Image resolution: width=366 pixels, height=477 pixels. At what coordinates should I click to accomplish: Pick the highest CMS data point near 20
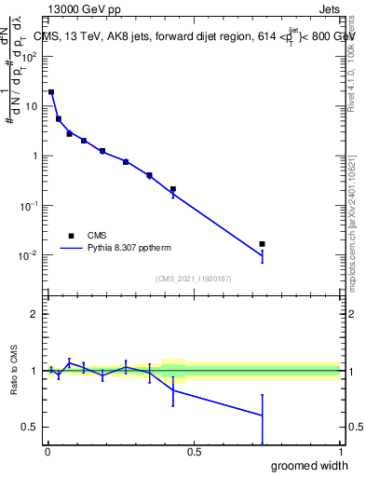51,92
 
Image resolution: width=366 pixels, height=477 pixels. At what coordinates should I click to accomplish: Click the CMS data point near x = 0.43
173,189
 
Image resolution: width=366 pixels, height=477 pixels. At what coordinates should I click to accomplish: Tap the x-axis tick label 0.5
194,452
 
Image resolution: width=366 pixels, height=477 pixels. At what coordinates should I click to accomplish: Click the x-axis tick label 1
340,452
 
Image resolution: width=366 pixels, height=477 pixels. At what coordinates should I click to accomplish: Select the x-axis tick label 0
47,452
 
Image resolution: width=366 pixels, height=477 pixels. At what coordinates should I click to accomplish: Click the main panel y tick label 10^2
30,56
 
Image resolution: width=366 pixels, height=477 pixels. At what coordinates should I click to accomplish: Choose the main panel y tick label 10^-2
30,255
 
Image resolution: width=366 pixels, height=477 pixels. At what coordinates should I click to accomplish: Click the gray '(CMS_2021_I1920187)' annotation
193,278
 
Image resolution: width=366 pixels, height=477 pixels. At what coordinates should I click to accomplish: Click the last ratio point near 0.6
262,416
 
